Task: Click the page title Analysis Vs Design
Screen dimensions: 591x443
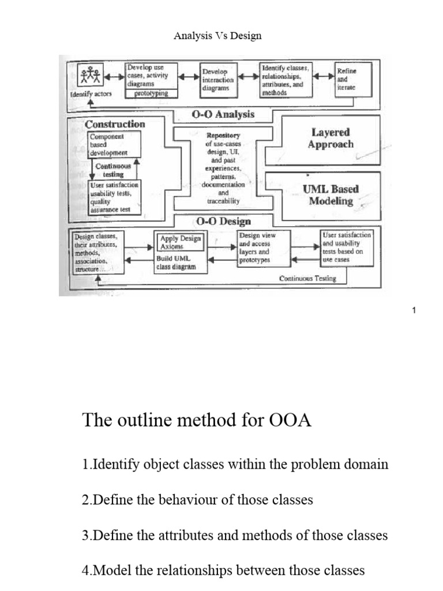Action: coord(217,36)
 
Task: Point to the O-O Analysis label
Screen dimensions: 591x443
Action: coord(223,114)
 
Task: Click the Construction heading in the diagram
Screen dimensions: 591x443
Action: coord(115,124)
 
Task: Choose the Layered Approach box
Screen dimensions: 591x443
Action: coord(330,139)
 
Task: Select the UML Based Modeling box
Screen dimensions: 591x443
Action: coord(330,194)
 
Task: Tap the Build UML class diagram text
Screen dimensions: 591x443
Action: coord(176,263)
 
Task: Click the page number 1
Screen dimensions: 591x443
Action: coord(414,311)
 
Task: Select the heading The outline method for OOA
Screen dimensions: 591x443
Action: coord(197,420)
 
